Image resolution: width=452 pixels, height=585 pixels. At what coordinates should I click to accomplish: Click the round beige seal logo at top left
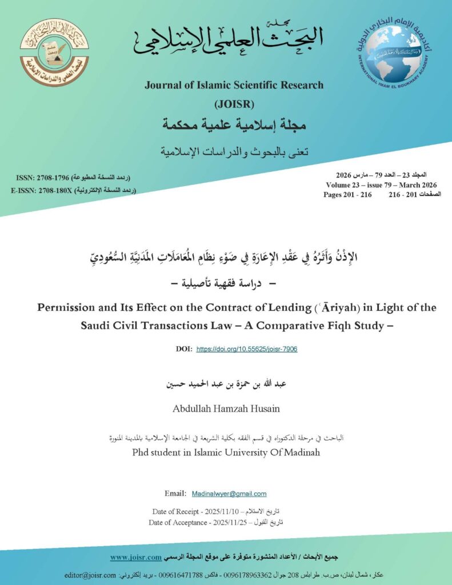54,53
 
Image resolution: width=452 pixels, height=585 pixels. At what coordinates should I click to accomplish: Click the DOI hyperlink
247,348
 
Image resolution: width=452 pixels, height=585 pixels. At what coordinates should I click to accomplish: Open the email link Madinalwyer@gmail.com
229,494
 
